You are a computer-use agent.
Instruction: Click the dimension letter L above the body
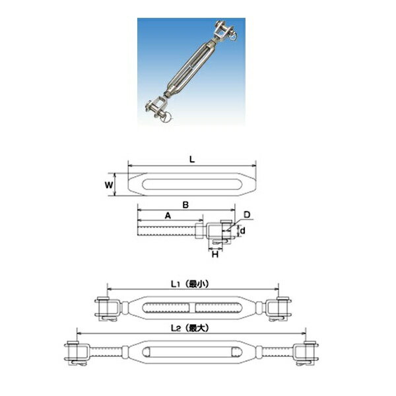tap(191, 158)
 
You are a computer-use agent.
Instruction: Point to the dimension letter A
tap(168, 215)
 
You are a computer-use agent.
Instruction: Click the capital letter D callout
tap(247, 214)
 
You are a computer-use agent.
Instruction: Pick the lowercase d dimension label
tap(244, 230)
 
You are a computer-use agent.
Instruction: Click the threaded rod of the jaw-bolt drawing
tap(165, 232)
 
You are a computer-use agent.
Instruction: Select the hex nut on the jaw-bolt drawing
tap(199, 232)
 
